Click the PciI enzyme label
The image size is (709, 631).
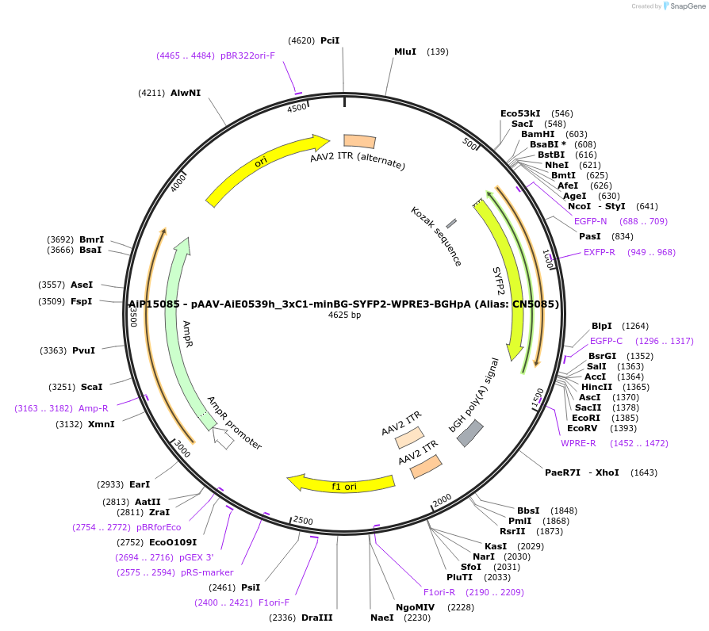coord(330,40)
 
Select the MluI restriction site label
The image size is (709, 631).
coord(405,52)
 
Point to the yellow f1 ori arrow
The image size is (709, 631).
coord(341,483)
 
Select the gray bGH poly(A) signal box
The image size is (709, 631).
coord(470,433)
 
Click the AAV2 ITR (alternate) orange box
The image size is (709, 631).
coord(359,141)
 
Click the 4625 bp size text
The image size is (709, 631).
coord(344,315)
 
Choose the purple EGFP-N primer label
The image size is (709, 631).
coord(590,221)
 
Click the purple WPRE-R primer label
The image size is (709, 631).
coord(578,443)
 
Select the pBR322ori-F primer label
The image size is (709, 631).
coord(247,55)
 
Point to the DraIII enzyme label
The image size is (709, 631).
coord(317,618)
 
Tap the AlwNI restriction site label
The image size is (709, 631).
coord(186,93)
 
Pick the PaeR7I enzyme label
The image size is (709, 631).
coord(563,472)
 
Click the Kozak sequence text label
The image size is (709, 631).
coord(436,236)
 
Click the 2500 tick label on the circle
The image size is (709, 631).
coord(304,520)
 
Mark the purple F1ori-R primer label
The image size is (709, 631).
coord(439,592)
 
